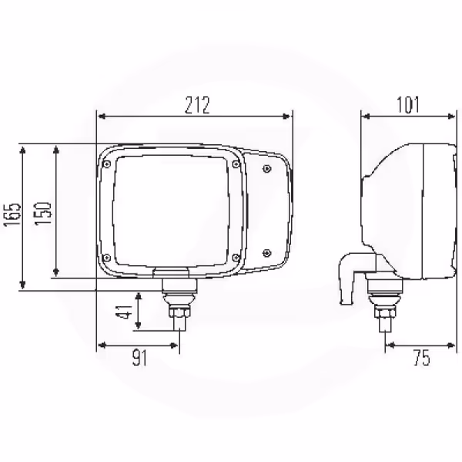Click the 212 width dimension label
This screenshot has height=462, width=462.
(197, 105)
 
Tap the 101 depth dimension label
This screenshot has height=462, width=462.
(408, 105)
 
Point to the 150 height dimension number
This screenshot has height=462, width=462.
(43, 214)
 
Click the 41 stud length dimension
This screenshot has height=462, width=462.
(124, 312)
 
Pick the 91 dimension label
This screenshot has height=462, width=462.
(139, 357)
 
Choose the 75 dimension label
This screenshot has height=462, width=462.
(422, 358)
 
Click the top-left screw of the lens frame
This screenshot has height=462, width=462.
(107, 164)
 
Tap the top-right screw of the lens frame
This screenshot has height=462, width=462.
(236, 164)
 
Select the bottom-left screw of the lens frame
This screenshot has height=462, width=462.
(107, 258)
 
